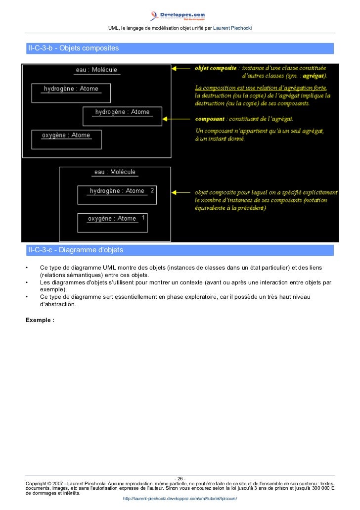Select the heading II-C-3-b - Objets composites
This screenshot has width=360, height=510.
(x=74, y=48)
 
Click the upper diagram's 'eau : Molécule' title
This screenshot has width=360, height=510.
(x=96, y=70)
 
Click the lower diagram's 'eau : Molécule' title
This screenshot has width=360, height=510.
(x=115, y=172)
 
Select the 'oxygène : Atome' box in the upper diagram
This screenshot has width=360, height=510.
(x=66, y=139)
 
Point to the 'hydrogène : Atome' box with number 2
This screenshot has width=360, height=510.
(x=117, y=195)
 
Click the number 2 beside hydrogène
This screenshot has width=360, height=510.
(x=152, y=190)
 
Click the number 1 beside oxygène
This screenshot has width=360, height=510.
(x=143, y=217)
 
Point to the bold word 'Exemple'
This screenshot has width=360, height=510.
(x=39, y=320)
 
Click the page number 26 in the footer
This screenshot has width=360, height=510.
(x=180, y=478)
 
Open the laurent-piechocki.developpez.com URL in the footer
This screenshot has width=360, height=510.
(x=180, y=498)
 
